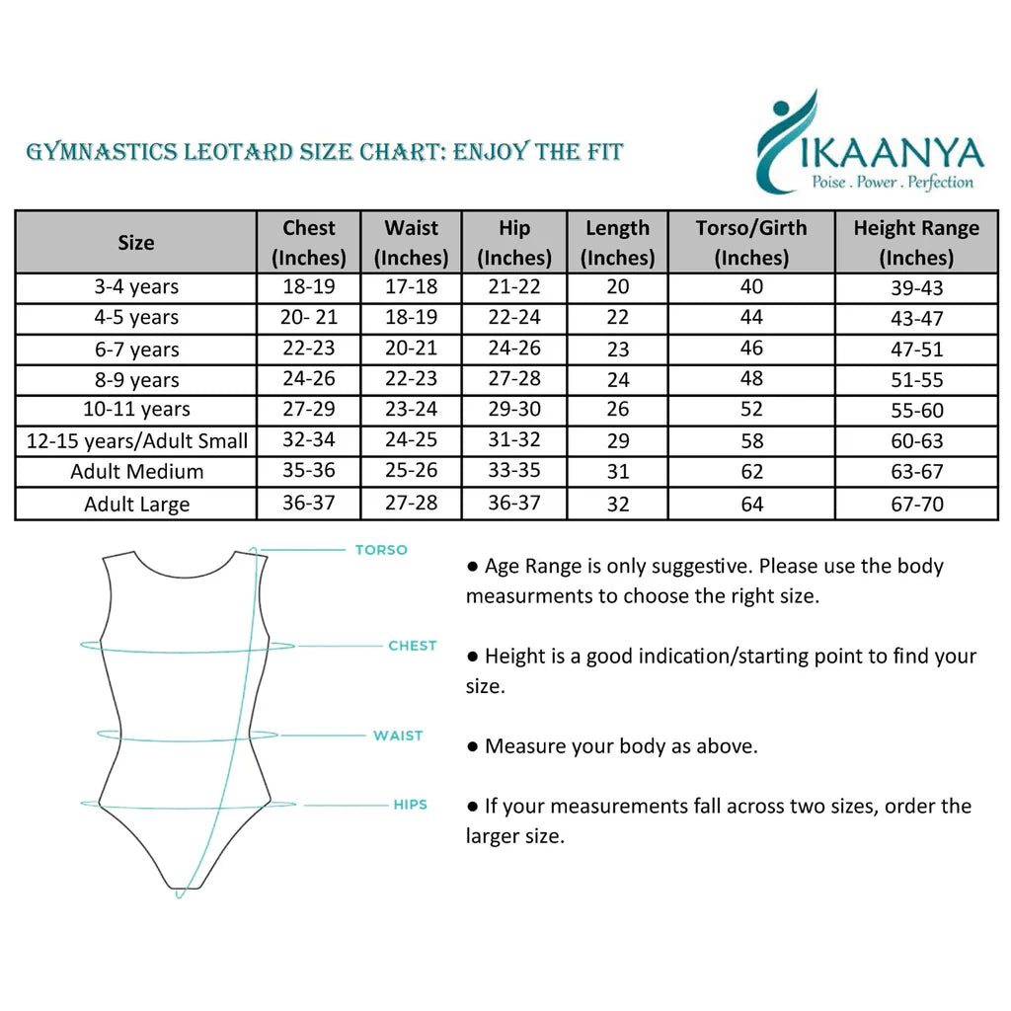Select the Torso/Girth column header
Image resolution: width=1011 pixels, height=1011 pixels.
(x=751, y=242)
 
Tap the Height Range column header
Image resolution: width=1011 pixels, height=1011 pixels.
(x=916, y=242)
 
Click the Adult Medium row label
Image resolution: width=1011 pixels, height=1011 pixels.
(x=136, y=472)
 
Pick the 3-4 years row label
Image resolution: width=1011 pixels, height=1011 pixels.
(x=136, y=287)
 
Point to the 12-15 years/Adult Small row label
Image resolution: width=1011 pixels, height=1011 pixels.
(x=136, y=441)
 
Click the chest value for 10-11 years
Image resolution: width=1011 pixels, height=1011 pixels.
(x=309, y=410)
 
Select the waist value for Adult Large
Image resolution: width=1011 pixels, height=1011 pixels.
(x=411, y=504)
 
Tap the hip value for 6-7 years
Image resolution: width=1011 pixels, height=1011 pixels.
(x=514, y=349)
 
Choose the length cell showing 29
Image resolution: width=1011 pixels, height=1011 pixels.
(x=617, y=441)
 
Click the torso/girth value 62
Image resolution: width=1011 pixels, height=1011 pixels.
(x=751, y=472)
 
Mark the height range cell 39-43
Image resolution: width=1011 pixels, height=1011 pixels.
(x=916, y=287)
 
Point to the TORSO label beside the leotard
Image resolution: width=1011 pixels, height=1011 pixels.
(x=381, y=550)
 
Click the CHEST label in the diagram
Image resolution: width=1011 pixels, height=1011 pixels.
(x=412, y=646)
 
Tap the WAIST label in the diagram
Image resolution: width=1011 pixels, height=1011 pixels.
(x=398, y=736)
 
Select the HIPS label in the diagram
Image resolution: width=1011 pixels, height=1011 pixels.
(x=410, y=805)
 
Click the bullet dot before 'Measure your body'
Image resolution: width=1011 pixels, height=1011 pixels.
(x=473, y=746)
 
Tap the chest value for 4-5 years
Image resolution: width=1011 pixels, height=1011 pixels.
(x=309, y=318)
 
